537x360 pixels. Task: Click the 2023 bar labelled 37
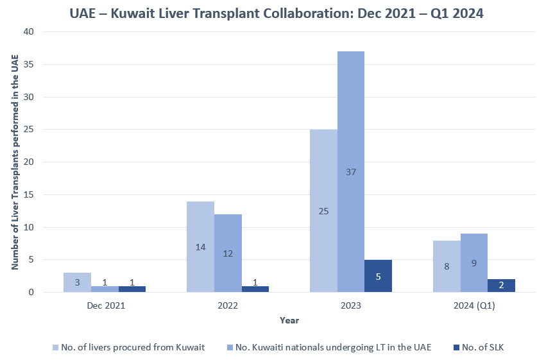[351, 171]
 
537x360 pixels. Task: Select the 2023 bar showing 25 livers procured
[323, 210]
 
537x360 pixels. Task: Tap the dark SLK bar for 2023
[378, 276]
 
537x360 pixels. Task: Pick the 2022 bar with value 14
[200, 246]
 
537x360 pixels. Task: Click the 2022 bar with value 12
[228, 253]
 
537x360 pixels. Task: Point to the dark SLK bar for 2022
[255, 289]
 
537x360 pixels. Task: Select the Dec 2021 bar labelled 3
[77, 282]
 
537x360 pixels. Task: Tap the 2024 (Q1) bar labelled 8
[447, 266]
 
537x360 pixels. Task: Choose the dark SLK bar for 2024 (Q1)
[502, 286]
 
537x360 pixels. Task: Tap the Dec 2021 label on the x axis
[106, 305]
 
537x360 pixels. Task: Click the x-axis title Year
[289, 320]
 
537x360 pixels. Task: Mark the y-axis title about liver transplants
[15, 162]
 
